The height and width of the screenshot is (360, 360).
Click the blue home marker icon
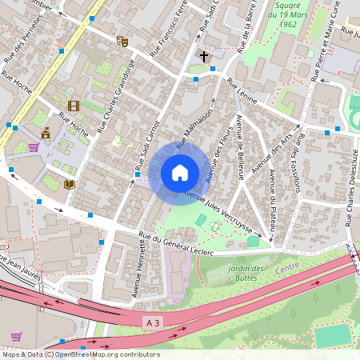(x=180, y=173)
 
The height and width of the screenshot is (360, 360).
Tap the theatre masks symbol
(x=122, y=41)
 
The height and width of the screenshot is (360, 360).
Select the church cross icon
(x=204, y=57)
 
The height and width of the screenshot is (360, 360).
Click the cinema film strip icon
(x=74, y=106)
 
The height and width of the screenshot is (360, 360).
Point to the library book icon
(x=69, y=184)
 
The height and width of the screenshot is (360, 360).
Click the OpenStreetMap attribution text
(x=80, y=354)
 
